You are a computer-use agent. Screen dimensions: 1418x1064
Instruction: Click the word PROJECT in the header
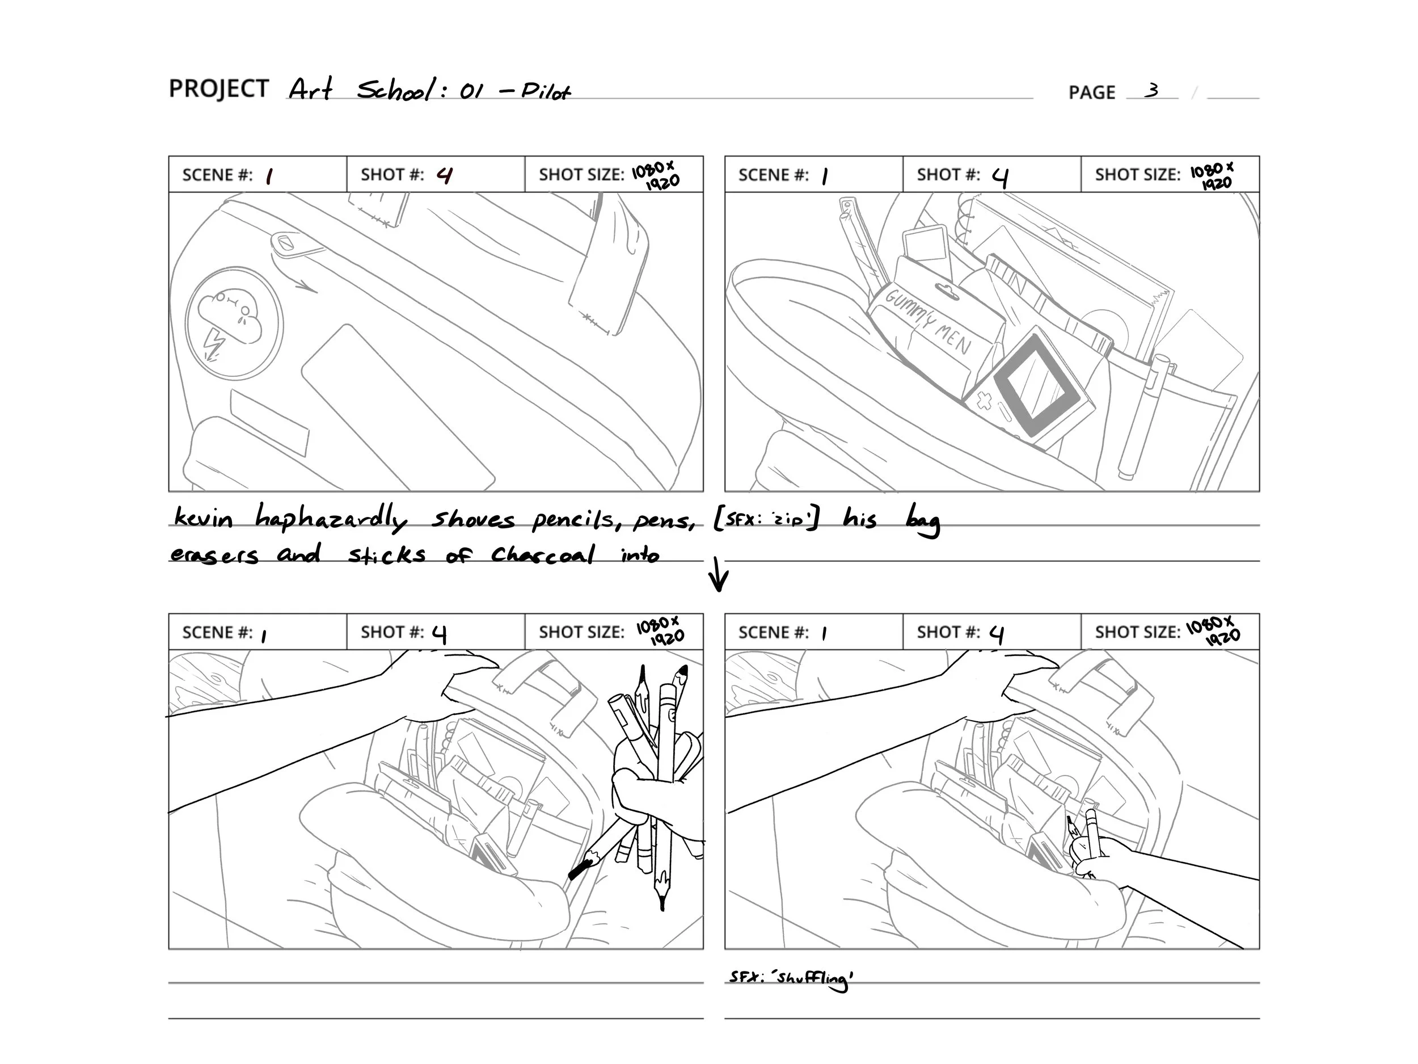(x=218, y=89)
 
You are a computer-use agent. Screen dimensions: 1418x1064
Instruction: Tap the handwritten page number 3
(x=1153, y=90)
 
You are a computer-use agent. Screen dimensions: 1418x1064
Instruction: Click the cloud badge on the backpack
(x=234, y=321)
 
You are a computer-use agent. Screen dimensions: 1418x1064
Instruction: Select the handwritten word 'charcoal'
(x=543, y=554)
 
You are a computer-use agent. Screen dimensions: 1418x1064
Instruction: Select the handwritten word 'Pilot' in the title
(x=545, y=92)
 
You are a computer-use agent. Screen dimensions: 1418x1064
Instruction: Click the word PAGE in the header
(x=1092, y=92)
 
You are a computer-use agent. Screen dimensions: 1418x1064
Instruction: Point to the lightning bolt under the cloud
(x=213, y=345)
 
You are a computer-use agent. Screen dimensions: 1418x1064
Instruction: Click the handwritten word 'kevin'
(x=203, y=517)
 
